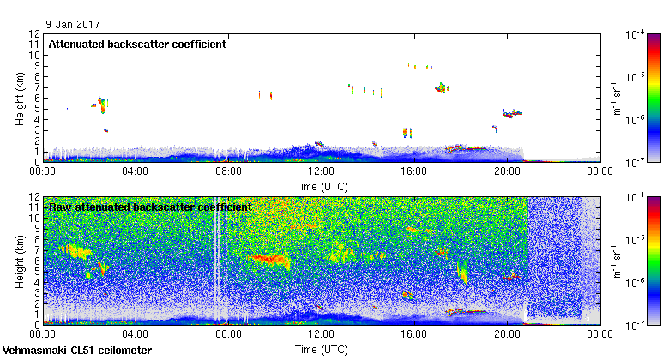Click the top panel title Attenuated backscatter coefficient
point(136,45)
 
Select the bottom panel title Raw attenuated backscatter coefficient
point(149,207)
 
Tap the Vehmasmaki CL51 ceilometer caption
point(77,351)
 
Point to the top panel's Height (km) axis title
point(19,98)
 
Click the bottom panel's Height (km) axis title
point(19,261)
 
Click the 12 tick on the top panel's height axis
point(35,34)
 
